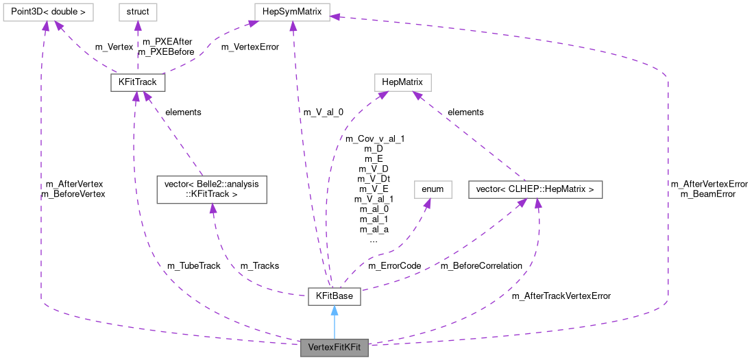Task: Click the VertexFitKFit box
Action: point(335,348)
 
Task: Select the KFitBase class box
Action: point(334,297)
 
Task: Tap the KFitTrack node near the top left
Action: point(137,82)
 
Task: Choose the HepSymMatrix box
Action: point(292,12)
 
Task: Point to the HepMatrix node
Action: point(402,82)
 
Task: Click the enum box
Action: point(433,189)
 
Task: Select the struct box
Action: point(137,12)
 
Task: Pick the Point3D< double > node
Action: point(47,12)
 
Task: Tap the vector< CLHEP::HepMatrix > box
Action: point(535,189)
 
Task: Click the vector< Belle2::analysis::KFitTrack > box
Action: point(211,189)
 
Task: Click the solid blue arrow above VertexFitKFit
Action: point(334,322)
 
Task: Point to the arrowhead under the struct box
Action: point(137,26)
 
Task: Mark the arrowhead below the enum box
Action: point(428,204)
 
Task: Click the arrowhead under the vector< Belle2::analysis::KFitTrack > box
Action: point(213,208)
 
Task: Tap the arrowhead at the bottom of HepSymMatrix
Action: point(293,26)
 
